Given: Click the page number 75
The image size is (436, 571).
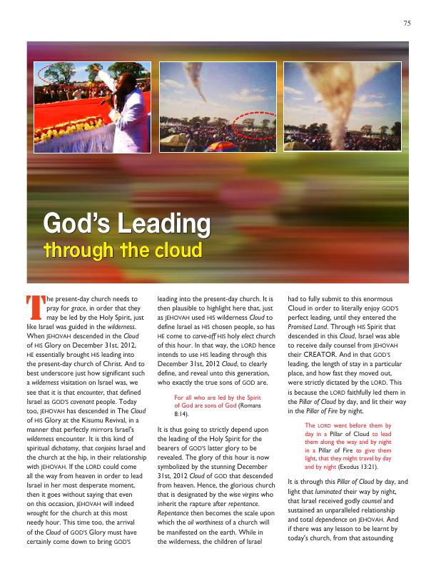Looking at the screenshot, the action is tap(406, 22).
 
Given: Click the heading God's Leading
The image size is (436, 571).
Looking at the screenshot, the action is tap(127, 226).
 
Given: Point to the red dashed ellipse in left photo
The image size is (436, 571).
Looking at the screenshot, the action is tap(58, 74).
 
